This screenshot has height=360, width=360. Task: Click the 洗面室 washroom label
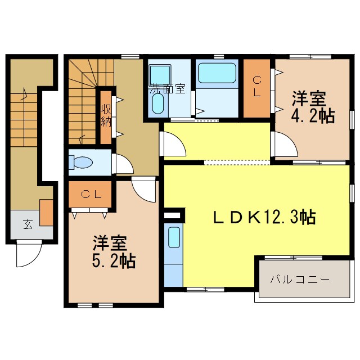pos(167,88)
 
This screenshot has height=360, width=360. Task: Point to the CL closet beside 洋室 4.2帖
pos(256,88)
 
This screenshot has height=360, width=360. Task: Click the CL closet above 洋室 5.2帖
pos(90,195)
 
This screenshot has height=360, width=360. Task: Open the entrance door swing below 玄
pos(28,253)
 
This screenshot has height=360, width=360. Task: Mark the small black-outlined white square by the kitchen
pos(174,214)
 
